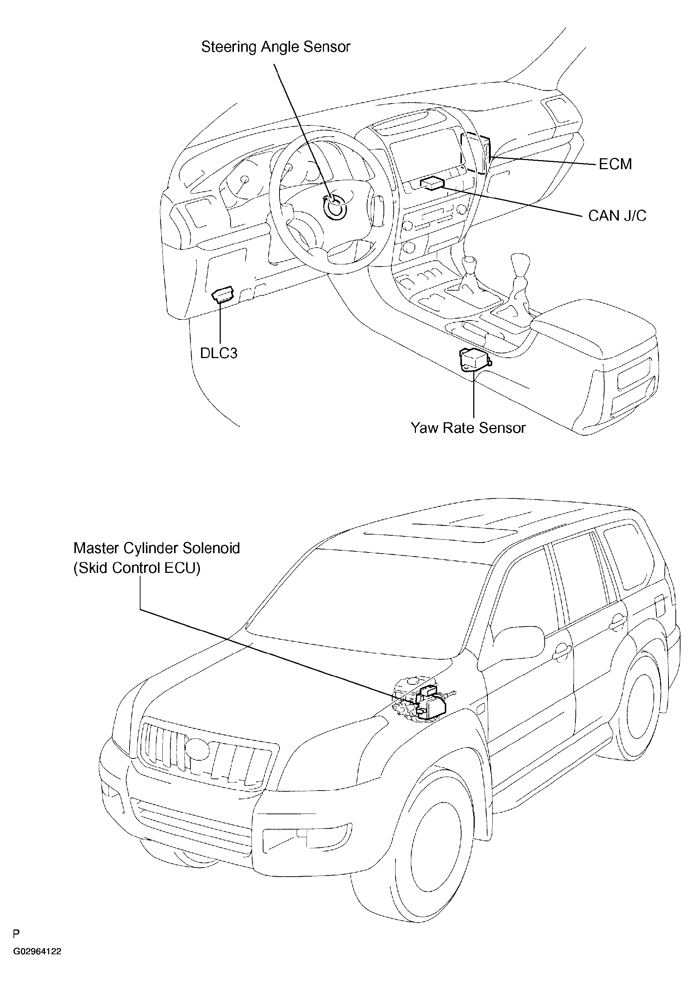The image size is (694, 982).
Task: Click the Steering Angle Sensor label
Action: [x=275, y=47]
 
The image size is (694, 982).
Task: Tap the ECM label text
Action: [x=615, y=164]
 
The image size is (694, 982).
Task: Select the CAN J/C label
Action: [x=617, y=216]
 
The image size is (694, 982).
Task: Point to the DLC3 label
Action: [x=219, y=353]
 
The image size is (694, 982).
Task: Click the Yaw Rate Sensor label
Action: [x=468, y=428]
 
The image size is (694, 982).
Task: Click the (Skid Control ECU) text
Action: [x=137, y=568]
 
